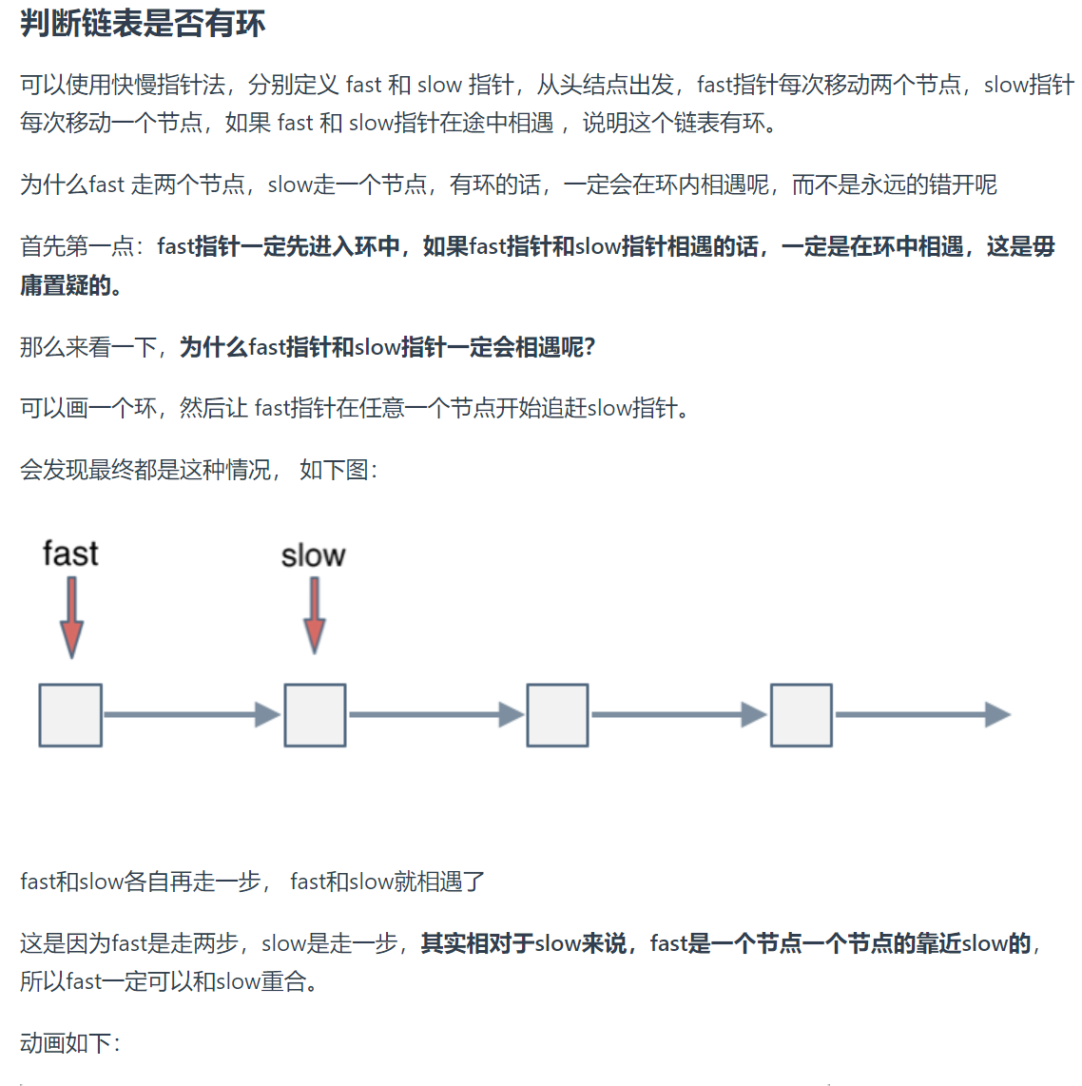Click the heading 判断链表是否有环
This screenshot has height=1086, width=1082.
coord(143,24)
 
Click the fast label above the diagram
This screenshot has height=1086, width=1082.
coord(70,553)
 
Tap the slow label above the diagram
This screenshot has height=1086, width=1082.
coord(313,555)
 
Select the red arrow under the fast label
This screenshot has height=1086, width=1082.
coord(71,618)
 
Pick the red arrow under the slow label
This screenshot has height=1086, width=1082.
coord(315,615)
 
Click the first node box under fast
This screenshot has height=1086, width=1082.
coord(70,715)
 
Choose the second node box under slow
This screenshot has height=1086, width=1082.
coord(315,715)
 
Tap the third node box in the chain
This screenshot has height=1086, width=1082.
coord(557,715)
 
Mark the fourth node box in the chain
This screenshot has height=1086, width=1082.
coord(801,715)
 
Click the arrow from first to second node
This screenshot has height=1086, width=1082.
coord(192,715)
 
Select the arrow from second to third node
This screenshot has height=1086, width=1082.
coord(436,715)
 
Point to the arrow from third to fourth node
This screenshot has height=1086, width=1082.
coord(679,715)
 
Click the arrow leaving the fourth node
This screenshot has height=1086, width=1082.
coord(923,715)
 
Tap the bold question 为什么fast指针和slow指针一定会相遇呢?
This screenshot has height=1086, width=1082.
coord(388,346)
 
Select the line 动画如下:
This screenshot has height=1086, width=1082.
coord(70,1042)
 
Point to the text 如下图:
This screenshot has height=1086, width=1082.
coord(339,470)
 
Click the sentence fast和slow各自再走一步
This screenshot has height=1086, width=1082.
coord(141,881)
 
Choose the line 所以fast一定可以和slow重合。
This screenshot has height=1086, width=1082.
coord(169,980)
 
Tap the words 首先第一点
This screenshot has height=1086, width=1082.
coord(76,246)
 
